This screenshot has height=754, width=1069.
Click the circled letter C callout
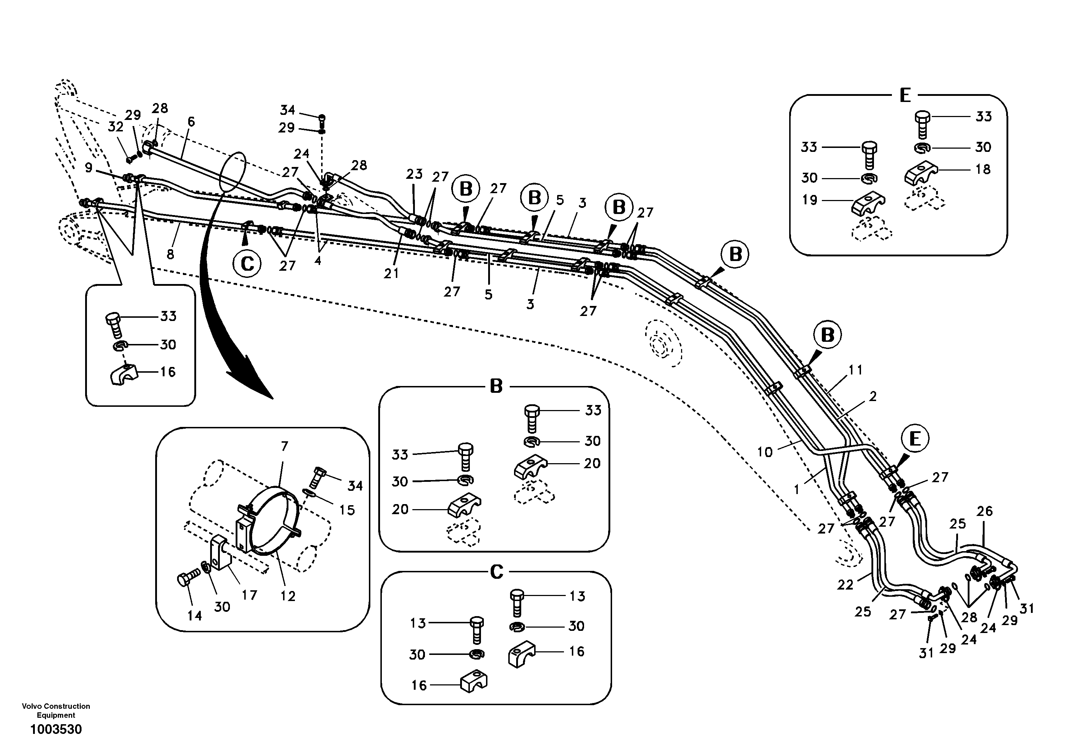click(247, 264)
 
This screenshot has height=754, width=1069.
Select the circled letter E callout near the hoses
click(915, 439)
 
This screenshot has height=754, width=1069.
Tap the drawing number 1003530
click(56, 729)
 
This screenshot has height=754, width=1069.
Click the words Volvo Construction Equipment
click(56, 710)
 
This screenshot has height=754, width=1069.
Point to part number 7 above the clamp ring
click(284, 446)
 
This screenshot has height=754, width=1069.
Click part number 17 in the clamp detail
click(250, 595)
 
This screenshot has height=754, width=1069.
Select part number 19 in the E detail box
click(810, 200)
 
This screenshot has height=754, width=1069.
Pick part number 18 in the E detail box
click(983, 169)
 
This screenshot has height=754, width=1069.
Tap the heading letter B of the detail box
click(496, 386)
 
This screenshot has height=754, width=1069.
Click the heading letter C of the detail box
click(497, 572)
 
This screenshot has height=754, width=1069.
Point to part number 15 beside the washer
click(347, 510)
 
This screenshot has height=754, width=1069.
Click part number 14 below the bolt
click(195, 616)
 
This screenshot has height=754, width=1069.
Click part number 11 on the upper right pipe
click(856, 370)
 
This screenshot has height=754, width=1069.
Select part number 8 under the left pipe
click(170, 255)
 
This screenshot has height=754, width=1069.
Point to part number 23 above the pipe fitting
click(414, 174)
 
